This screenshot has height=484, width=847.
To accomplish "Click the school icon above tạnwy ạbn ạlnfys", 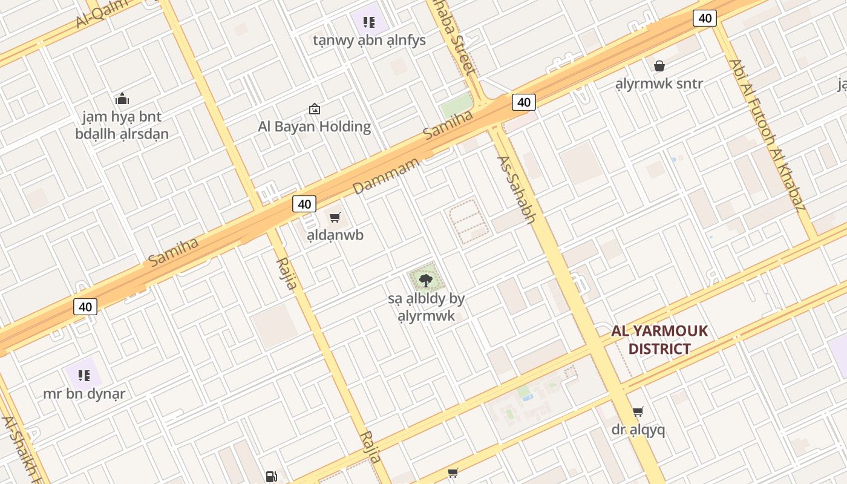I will pyautogui.click(x=369, y=23).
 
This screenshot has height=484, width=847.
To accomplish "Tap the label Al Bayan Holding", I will pyautogui.click(x=314, y=126).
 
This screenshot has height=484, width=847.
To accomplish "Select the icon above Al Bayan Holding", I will pyautogui.click(x=315, y=109).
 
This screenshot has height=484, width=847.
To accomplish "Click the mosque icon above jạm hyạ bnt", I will pyautogui.click(x=122, y=99).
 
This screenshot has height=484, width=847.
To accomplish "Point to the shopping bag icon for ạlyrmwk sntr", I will pyautogui.click(x=659, y=66).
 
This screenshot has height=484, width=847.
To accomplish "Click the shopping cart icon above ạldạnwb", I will pyautogui.click(x=335, y=217).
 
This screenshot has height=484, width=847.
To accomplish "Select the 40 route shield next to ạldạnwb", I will pyautogui.click(x=304, y=204).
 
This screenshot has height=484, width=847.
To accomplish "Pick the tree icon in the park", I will pyautogui.click(x=426, y=280).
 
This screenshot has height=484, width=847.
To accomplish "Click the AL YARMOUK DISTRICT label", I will pyautogui.click(x=659, y=340).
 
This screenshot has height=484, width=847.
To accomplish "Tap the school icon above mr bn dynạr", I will pyautogui.click(x=84, y=376).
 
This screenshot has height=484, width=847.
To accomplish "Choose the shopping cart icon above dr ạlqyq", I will pyautogui.click(x=638, y=412).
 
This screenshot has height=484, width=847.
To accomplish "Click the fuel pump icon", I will pyautogui.click(x=271, y=477).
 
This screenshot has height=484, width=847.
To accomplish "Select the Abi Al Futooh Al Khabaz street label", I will pyautogui.click(x=767, y=135).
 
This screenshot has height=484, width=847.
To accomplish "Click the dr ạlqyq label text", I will pyautogui.click(x=638, y=430).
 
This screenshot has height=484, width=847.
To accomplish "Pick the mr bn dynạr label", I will pyautogui.click(x=84, y=393).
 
